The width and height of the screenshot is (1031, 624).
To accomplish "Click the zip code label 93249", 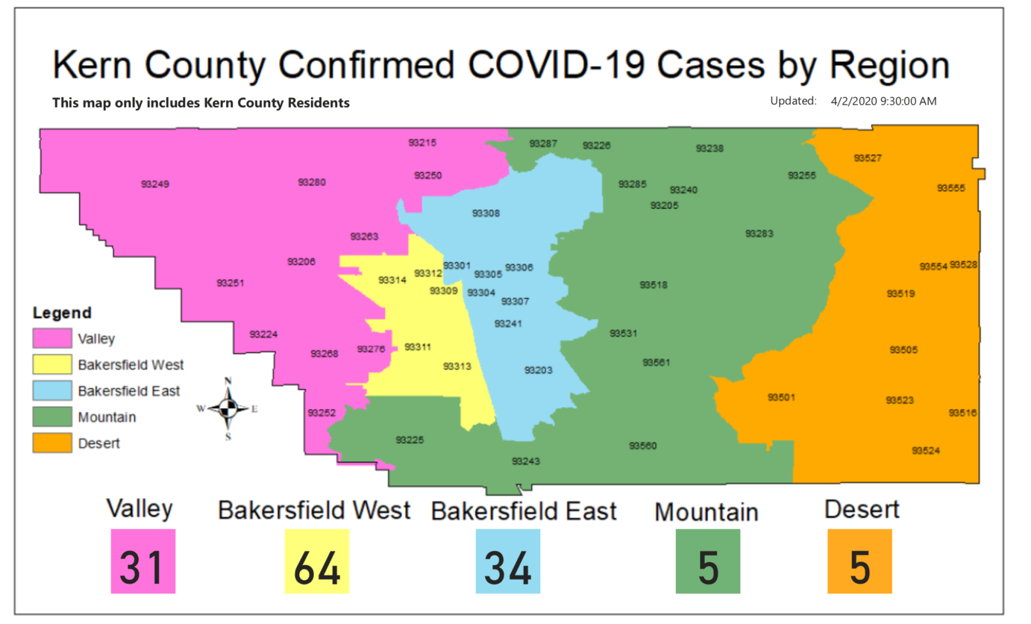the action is [x=155, y=184].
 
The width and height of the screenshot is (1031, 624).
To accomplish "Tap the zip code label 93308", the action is [x=486, y=213].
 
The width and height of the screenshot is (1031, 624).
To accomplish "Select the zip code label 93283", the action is [x=759, y=233].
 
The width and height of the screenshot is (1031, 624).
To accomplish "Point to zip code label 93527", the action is [x=868, y=158].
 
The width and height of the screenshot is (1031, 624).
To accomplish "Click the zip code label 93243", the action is [x=526, y=461].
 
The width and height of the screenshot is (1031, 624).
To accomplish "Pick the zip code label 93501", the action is [x=781, y=397].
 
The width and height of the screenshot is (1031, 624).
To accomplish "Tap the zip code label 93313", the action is [x=457, y=366].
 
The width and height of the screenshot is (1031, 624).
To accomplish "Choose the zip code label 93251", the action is [x=230, y=283].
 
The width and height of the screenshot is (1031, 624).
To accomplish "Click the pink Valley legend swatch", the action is [x=52, y=338].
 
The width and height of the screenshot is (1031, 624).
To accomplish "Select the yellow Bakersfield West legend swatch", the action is [x=52, y=364].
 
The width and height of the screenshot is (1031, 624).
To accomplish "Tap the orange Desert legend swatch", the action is [x=52, y=443].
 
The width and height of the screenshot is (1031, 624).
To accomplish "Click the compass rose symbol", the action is [x=228, y=409].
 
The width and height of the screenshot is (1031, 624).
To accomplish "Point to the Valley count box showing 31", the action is [x=143, y=561].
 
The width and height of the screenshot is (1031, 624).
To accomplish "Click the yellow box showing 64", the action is [x=317, y=561].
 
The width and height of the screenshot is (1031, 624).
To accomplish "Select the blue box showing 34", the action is [x=508, y=561].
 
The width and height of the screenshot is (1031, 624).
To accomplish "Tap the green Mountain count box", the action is [x=708, y=561].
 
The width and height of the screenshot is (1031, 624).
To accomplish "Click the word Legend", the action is [x=62, y=313].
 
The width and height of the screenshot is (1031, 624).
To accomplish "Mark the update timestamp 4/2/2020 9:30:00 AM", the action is [x=883, y=101].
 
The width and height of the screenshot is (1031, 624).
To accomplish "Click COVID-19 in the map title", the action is [x=556, y=65].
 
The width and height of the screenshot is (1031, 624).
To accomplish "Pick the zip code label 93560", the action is [x=643, y=446].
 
